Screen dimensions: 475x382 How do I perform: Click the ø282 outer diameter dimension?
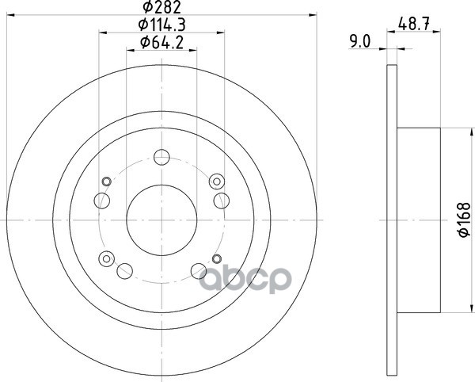(x=161, y=7)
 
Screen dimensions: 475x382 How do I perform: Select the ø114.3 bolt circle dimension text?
(x=161, y=25)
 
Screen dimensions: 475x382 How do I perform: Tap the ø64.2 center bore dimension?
(x=161, y=43)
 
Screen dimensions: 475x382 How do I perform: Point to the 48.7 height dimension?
(x=414, y=25)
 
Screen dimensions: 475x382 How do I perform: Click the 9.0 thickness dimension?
(x=360, y=41)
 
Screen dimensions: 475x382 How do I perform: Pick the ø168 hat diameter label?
(x=464, y=220)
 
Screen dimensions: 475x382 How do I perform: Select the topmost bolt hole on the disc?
(x=161, y=157)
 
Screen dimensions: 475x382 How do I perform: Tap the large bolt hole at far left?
(x=102, y=201)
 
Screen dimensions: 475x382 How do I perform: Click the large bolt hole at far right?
(x=222, y=201)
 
